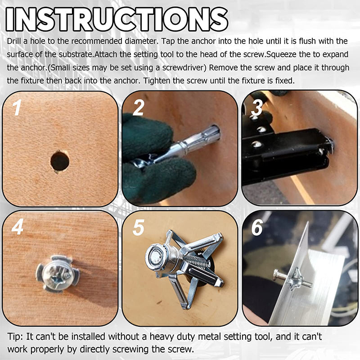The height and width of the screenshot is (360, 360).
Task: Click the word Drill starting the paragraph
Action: point(16,41)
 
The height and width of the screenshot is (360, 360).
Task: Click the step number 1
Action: point(17,108)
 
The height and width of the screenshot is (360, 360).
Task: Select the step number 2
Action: point(138,108)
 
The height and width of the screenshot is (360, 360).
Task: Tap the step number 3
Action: point(257,108)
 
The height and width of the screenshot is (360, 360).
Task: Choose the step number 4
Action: point(18,228)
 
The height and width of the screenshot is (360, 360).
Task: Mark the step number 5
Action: point(138,228)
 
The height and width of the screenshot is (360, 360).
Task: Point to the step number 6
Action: point(257,228)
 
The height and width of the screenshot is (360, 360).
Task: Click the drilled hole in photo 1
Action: point(60,161)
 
